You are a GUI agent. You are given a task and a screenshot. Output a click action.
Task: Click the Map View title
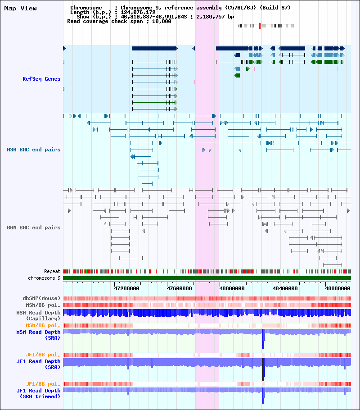pos(20,9)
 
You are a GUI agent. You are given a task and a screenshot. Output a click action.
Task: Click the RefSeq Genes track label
pos(41,79)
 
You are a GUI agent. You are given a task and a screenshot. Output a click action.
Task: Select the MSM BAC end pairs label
pos(34,150)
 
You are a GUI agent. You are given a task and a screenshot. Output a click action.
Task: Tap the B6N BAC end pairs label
pos(34,228)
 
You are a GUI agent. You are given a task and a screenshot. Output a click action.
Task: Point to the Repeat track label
pos(52,271)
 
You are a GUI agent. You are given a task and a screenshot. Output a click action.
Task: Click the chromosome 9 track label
pos(44,278)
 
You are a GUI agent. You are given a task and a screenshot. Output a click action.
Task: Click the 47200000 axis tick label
pos(127,288)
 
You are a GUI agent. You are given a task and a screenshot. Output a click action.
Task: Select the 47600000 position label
pos(180,288)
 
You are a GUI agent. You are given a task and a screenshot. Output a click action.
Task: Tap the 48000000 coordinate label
pos(232,288)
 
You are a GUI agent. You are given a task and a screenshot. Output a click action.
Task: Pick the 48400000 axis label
pos(285,288)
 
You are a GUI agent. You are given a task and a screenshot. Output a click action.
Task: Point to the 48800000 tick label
pos(338,288)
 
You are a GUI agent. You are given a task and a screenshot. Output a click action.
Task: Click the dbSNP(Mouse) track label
pos(41,298)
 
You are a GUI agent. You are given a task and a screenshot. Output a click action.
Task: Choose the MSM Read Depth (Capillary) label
pos(38,315)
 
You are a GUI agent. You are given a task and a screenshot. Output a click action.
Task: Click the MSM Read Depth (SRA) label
pos(38,335)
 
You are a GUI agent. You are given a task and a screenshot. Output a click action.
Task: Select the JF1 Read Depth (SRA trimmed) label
pos(38,393)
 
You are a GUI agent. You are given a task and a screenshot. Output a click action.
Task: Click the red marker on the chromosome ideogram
pos(260,26)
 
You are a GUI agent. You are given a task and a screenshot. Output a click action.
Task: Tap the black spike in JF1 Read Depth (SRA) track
pos(263,369)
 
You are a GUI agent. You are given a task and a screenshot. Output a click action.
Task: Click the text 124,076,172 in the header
pos(138,12)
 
